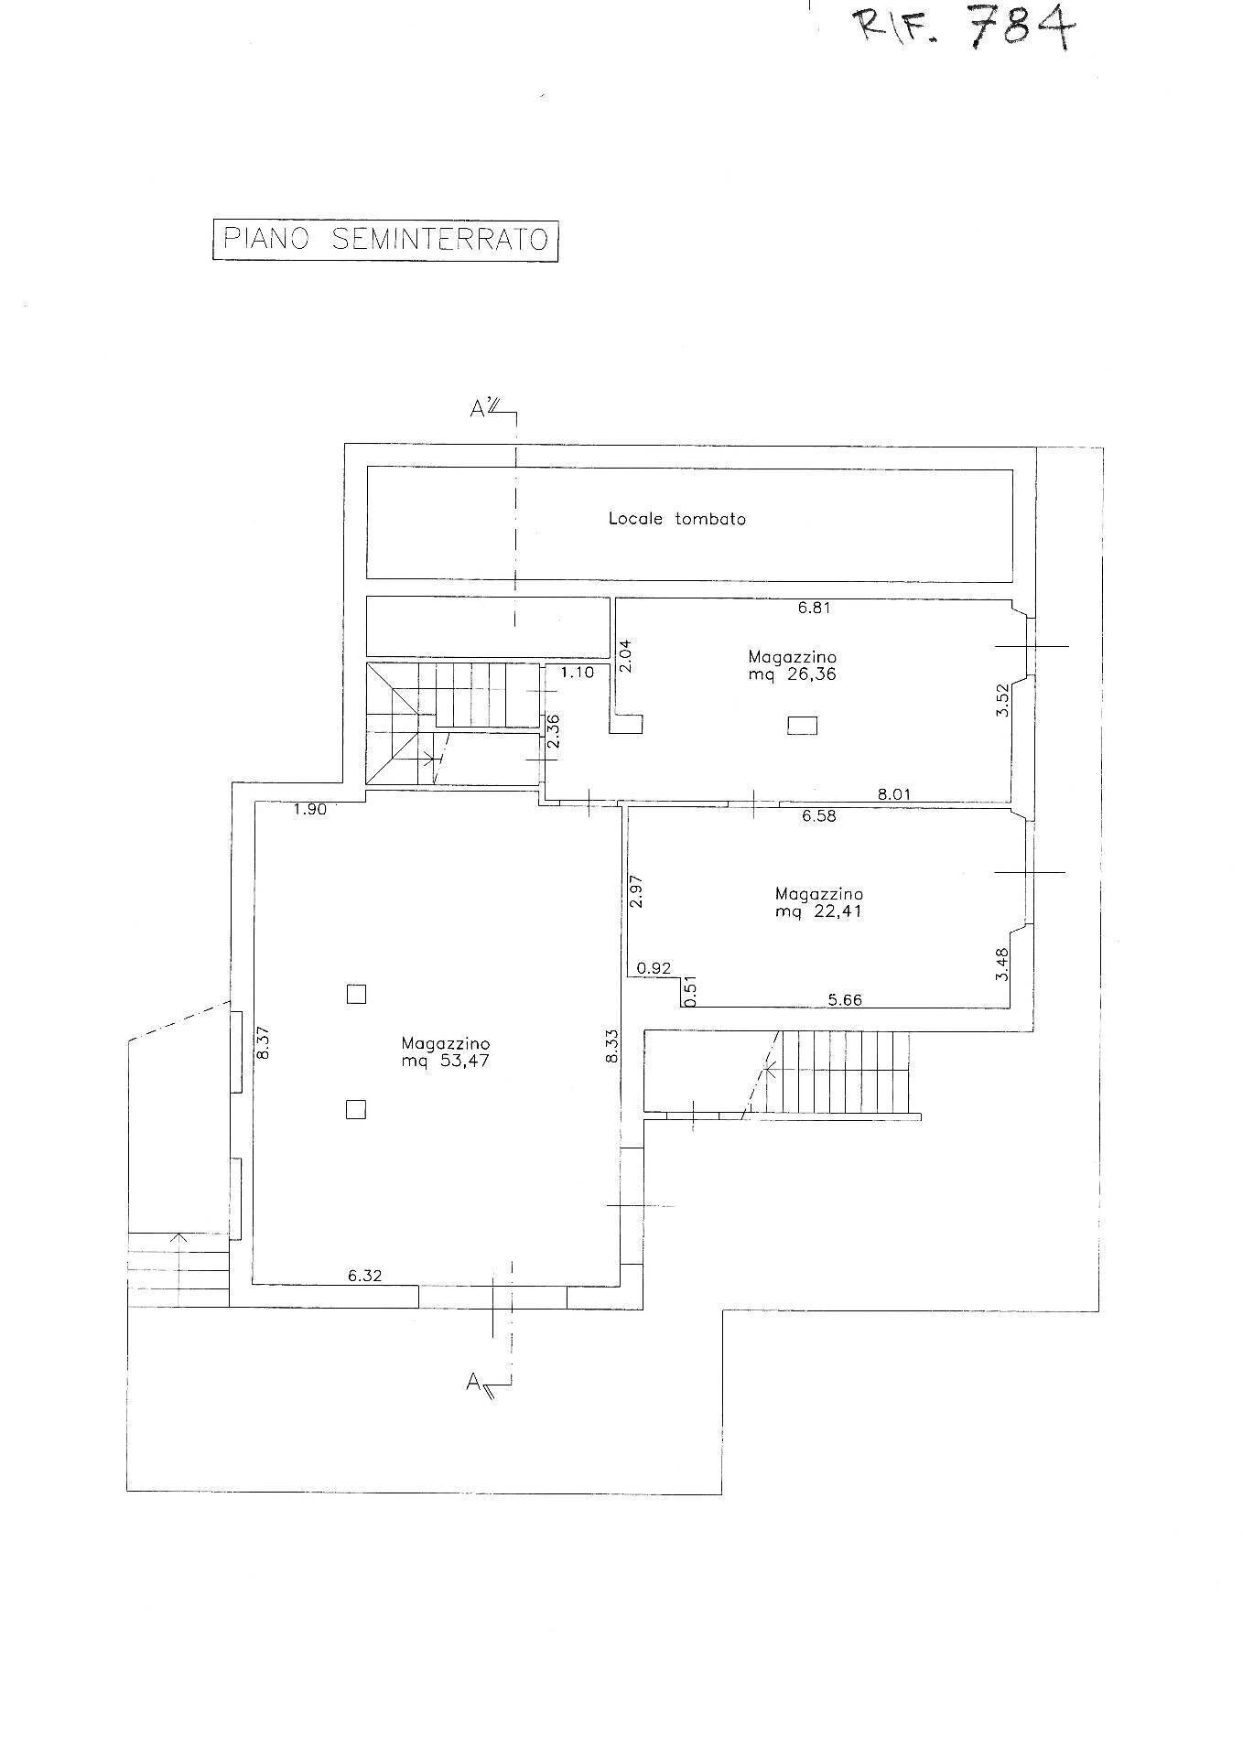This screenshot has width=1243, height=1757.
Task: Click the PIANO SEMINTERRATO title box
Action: pos(385,239)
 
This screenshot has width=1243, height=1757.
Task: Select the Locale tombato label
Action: pos(677,519)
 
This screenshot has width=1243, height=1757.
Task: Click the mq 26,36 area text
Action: pos(792,675)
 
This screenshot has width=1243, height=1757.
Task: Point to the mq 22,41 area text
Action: pos(818,911)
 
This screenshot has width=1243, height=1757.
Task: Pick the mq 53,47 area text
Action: pos(446,1062)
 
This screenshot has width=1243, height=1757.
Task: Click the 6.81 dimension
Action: pos(814,607)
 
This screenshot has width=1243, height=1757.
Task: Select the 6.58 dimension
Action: pos(819,816)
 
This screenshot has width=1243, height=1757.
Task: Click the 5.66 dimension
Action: pos(845,999)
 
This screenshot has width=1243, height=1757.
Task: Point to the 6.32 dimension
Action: pos(364,1275)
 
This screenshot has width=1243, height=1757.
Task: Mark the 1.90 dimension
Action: pos(310,809)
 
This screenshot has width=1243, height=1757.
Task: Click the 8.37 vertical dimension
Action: pos(264,1042)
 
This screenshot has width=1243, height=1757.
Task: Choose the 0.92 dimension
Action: pos(654,967)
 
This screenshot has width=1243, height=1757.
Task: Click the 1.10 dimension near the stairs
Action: pos(578,672)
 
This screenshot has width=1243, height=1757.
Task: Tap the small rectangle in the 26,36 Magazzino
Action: pos(803,726)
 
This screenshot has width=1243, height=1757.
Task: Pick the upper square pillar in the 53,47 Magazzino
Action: pos(356,994)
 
